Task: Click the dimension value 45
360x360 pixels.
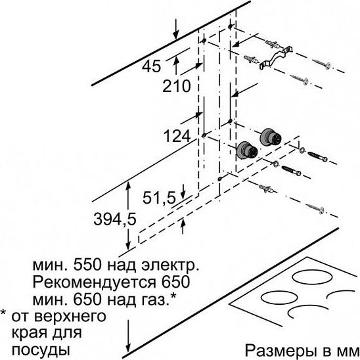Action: click(151, 66)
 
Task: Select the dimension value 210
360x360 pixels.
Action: click(176, 86)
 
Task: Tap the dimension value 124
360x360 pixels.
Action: click(177, 136)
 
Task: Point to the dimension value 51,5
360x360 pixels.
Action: click(159, 198)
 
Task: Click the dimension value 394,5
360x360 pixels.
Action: click(115, 219)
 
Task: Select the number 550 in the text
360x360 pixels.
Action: click(87, 265)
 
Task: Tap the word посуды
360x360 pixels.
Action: click(41, 351)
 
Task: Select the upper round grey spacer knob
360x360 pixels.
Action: click(271, 137)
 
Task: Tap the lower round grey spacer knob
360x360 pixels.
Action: click(247, 150)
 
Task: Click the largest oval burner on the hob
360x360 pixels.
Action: click(313, 277)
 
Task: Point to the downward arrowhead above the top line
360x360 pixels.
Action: click(175, 35)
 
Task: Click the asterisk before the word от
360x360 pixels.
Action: click(3, 313)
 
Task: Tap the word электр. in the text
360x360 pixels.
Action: click(170, 265)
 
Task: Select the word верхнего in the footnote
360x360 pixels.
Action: click(71, 317)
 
